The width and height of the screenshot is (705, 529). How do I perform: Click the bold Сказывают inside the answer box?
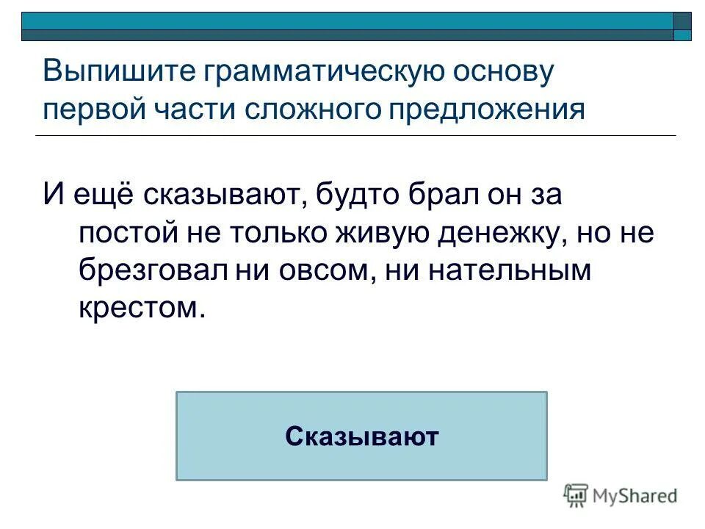click(x=361, y=436)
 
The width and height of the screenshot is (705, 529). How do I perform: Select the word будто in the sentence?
click(x=357, y=195)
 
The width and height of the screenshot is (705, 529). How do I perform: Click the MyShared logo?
click(x=620, y=497)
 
